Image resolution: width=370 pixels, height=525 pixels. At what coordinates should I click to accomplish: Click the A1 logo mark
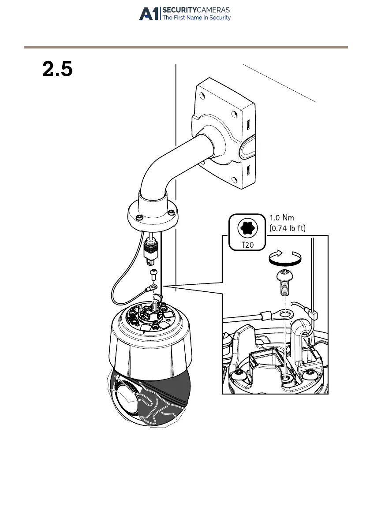tap(149, 14)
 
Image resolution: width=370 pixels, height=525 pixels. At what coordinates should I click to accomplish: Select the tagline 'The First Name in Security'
tap(197, 18)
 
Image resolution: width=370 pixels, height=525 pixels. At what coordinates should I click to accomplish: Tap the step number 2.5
tap(57, 70)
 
